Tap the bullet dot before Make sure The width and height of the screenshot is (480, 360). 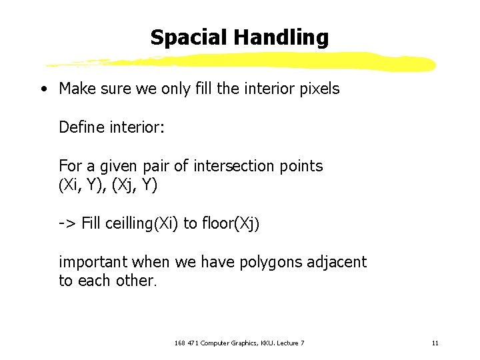click(x=43, y=89)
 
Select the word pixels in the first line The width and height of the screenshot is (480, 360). click(x=317, y=88)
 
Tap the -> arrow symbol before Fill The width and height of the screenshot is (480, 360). click(x=67, y=223)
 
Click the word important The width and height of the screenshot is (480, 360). click(x=93, y=262)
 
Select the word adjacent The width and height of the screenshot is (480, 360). click(x=337, y=262)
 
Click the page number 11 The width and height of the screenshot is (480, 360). click(x=435, y=343)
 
